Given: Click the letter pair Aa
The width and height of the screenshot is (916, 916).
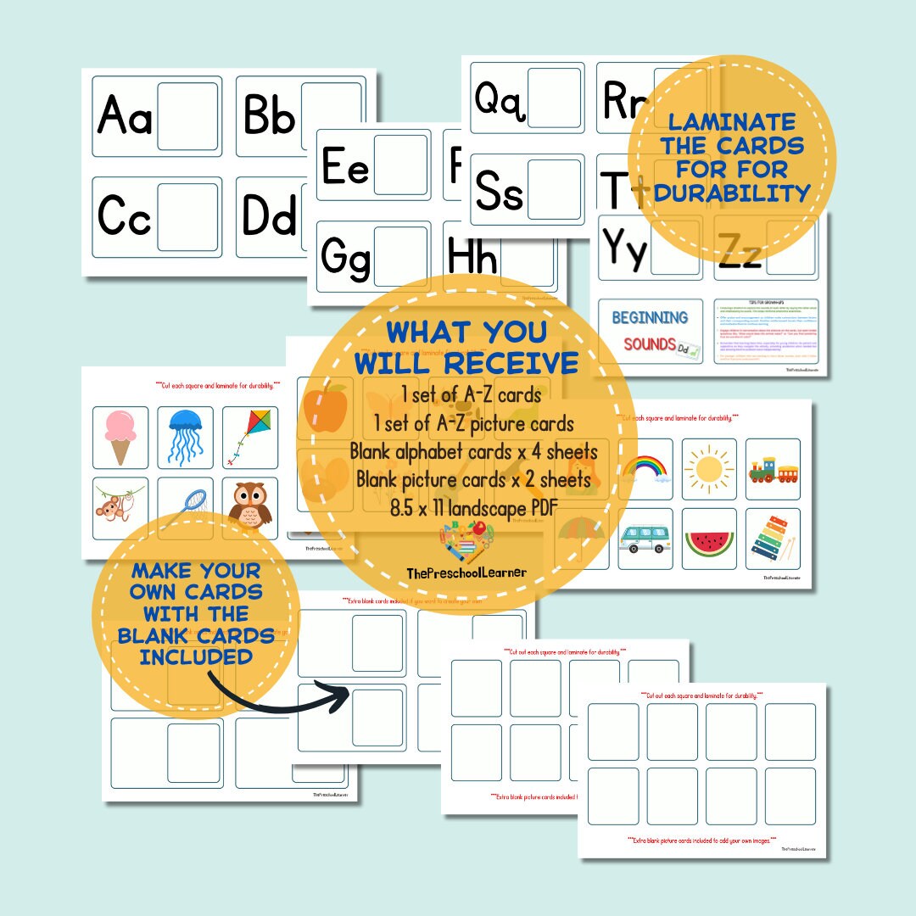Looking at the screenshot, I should (126, 116).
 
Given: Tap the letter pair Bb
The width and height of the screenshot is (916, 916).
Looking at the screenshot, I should (269, 116).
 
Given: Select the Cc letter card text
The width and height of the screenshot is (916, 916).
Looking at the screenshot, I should (125, 216).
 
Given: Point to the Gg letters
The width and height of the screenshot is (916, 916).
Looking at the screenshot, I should (346, 257).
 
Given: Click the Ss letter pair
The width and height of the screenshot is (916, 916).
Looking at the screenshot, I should (500, 190).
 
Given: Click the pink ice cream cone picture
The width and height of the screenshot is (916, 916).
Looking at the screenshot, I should (120, 436).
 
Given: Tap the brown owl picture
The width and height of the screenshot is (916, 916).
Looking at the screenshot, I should (249, 505).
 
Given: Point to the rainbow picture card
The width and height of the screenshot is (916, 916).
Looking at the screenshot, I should (645, 468).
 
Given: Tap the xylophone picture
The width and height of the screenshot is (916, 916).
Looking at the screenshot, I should (774, 540).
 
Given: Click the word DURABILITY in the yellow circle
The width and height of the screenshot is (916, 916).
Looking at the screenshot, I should (732, 193).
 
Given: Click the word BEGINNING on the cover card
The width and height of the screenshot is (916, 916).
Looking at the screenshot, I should (650, 317).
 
